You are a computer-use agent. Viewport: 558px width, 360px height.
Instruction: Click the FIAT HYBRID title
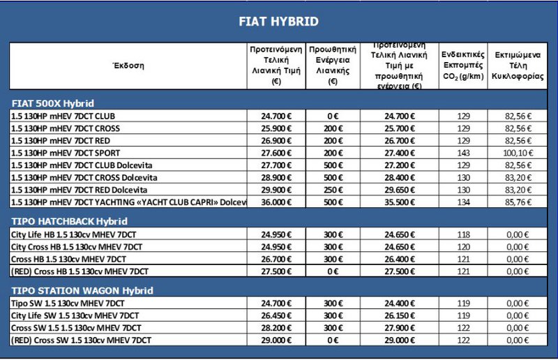click(278, 22)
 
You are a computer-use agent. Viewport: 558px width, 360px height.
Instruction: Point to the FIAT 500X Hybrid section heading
click(53, 103)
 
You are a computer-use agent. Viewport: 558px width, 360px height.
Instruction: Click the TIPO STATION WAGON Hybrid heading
click(83, 290)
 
